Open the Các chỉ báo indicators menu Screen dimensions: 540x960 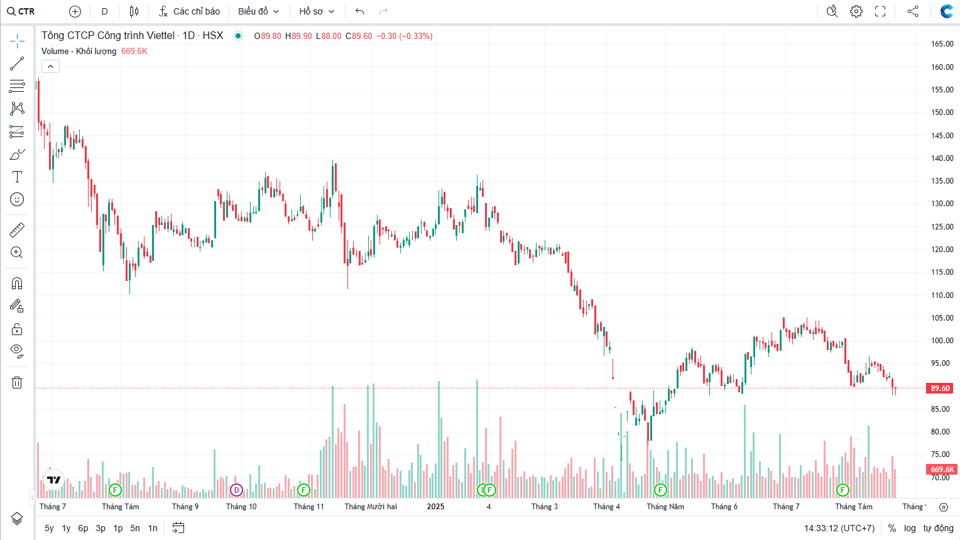pos(189,11)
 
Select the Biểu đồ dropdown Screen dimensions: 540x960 pos(258,11)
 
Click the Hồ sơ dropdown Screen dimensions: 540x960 pos(317,11)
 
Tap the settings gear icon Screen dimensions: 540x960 pos(856,11)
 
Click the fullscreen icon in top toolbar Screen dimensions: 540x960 pos(880,11)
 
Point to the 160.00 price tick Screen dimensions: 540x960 pos(942,67)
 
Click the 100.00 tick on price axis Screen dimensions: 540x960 pos(942,341)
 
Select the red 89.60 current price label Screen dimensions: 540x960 pos(940,388)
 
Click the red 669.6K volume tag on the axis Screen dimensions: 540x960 pos(942,470)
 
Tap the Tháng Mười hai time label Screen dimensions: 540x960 pos(371,507)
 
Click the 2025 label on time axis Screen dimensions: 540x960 pos(435,507)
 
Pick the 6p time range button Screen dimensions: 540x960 pos(83,528)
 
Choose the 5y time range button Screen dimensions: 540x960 pos(49,528)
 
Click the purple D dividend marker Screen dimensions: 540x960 pos(236,490)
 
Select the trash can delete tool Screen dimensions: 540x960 pos(17,382)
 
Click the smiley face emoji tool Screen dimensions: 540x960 pos(17,199)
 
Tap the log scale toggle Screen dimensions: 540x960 pos(910,528)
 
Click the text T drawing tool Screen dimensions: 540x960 pos(17,177)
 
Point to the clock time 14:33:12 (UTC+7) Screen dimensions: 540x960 pos(839,528)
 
